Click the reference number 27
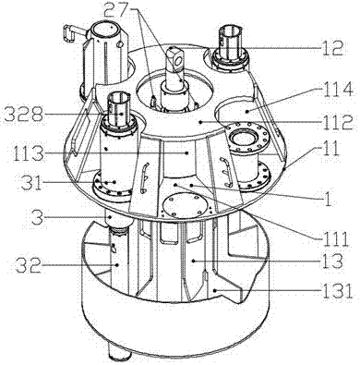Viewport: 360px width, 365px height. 115,10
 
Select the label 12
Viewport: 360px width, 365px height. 332,47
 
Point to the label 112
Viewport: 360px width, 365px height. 337,122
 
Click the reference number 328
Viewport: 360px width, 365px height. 23,115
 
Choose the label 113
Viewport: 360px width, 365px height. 28,153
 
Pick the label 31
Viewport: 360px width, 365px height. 30,183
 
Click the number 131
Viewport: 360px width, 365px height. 337,291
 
